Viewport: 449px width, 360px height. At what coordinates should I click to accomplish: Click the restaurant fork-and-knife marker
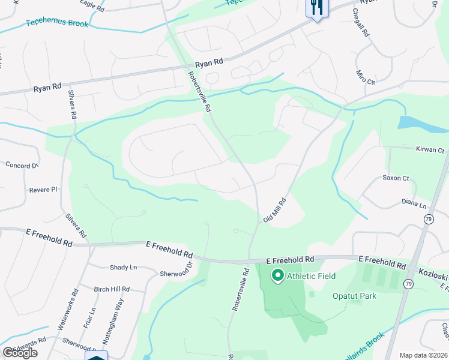click(x=316, y=8)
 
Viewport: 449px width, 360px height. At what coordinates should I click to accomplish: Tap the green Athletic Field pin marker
click(x=277, y=276)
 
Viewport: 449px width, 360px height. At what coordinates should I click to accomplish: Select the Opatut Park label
click(x=354, y=296)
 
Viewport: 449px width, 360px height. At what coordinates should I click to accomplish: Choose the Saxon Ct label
click(x=396, y=178)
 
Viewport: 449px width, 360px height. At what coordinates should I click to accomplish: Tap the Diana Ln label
click(x=414, y=204)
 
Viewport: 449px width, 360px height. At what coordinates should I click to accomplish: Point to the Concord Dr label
click(x=22, y=165)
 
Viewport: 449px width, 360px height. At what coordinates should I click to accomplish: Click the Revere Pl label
click(x=43, y=190)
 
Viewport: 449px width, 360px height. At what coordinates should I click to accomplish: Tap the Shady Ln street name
click(x=123, y=267)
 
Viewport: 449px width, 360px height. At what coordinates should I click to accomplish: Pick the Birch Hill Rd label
click(x=112, y=289)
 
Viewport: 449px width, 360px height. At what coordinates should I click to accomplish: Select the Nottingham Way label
click(x=112, y=325)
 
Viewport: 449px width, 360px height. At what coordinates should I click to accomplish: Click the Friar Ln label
click(x=92, y=319)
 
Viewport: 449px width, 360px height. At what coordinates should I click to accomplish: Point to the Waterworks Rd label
click(x=67, y=310)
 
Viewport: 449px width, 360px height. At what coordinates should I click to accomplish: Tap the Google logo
click(x=20, y=353)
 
